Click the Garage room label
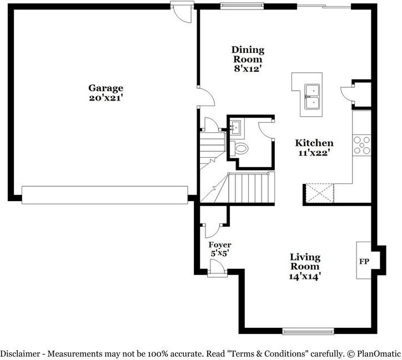pos(105,88)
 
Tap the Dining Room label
pos(248,54)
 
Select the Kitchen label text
pos(314,143)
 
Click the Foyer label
pos(220,244)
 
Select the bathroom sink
pos(235,127)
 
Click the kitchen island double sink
pos(311,96)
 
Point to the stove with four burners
pos(363,144)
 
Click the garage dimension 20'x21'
pos(105,98)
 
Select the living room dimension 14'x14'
pos(305,275)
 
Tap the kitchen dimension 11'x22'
pos(314,153)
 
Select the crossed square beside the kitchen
pos(319,194)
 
